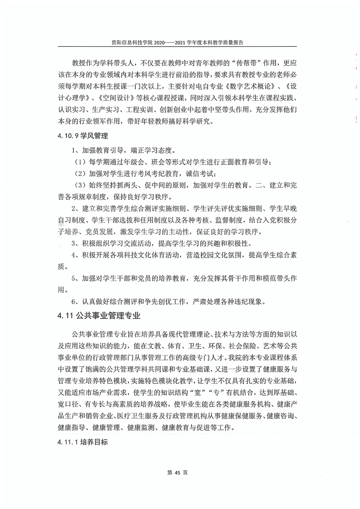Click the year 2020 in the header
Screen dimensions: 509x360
click(x=161, y=42)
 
